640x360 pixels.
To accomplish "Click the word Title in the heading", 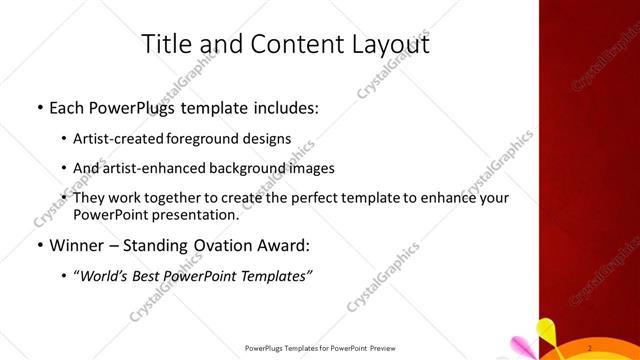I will tap(167, 45).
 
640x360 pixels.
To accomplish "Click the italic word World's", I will tap(105, 275).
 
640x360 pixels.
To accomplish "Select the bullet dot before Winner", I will tap(38, 245).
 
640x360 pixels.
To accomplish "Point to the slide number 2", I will tap(590, 347).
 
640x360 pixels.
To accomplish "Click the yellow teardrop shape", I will tap(547, 330).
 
